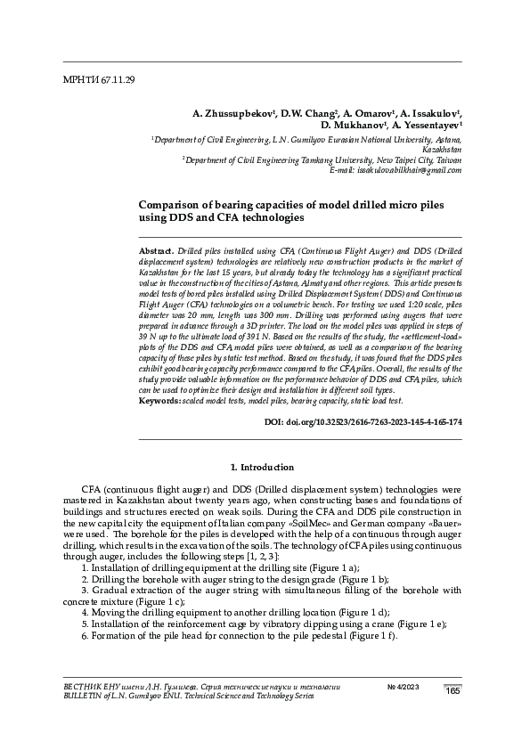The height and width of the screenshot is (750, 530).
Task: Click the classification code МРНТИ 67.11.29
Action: tap(99, 80)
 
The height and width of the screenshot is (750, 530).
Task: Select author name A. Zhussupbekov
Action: tap(232, 114)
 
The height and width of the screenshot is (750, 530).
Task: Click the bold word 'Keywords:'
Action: tap(161, 400)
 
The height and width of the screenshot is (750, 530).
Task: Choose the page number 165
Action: tap(452, 691)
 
